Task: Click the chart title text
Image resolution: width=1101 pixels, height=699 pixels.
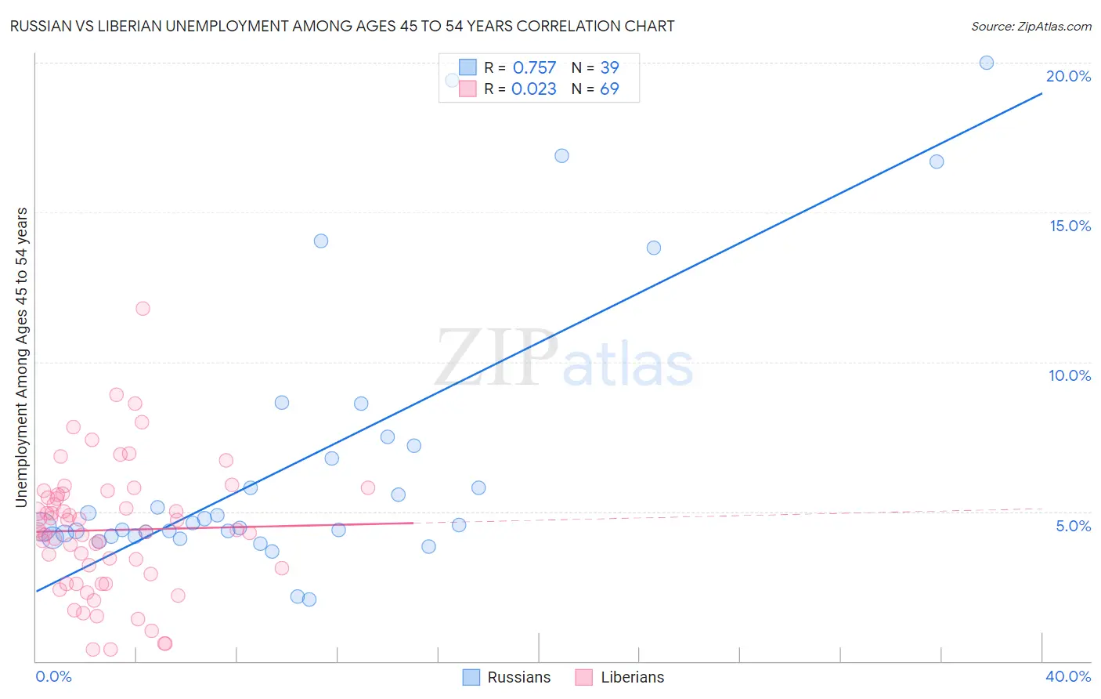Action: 342,26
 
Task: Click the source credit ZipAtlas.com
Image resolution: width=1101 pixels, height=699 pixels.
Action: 1031,26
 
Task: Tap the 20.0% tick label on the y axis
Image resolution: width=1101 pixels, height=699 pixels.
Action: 1068,76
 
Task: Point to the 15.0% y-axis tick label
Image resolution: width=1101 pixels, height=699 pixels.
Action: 1070,226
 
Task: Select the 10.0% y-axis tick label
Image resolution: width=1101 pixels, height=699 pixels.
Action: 1070,375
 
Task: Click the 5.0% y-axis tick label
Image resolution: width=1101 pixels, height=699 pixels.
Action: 1073,526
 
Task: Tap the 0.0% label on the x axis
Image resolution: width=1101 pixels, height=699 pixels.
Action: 53,676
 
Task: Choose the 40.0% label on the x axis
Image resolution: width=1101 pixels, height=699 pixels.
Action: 1068,676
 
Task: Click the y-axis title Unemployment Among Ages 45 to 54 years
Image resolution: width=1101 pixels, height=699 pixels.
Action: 22,357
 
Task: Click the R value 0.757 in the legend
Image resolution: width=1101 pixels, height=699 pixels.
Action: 534,68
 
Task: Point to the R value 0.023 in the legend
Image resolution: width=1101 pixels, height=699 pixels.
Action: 534,89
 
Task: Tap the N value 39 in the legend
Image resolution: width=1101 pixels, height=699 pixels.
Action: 609,68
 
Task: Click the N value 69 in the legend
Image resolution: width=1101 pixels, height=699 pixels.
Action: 609,89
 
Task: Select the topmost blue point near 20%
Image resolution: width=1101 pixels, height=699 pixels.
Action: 987,63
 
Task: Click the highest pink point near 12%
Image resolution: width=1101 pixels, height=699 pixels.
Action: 143,308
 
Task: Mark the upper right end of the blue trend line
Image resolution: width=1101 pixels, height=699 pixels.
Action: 1041,93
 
